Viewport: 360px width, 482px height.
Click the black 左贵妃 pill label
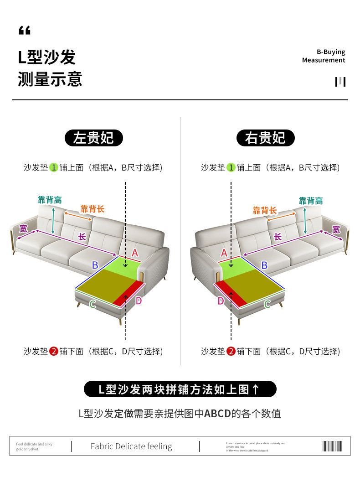(x=93, y=138)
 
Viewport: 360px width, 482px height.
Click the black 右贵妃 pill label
(x=265, y=138)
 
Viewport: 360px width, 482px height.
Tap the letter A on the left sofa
(x=135, y=253)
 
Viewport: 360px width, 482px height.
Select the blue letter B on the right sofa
(x=264, y=264)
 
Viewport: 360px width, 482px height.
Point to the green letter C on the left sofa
(x=93, y=304)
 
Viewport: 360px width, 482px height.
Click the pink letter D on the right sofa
(x=221, y=301)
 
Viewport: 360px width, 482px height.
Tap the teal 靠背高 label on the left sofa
(x=50, y=200)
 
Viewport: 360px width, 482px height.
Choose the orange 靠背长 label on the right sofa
(x=265, y=210)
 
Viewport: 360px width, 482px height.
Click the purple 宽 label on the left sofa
(x=23, y=228)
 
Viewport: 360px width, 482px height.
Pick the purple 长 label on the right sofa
(x=278, y=237)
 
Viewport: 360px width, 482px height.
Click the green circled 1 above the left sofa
(x=54, y=167)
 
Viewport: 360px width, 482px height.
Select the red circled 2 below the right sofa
(x=231, y=351)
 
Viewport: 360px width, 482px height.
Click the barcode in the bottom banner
(x=332, y=446)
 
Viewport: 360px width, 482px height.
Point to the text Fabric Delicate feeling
(x=131, y=446)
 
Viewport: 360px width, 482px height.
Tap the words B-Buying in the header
(x=331, y=52)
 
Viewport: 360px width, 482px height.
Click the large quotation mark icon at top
(x=25, y=31)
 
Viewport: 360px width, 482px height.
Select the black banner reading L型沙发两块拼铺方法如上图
(x=180, y=389)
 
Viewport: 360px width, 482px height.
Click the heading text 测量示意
(x=50, y=79)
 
